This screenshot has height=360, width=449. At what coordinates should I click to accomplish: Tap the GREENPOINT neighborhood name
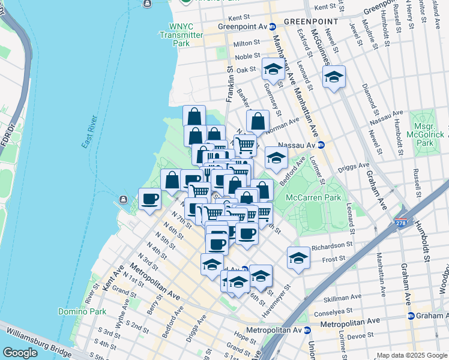point(304,21)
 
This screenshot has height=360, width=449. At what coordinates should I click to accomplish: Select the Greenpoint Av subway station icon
point(272,26)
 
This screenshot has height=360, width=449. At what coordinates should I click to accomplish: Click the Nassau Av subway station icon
point(321,145)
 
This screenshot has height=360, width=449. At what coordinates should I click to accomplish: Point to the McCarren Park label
point(313,197)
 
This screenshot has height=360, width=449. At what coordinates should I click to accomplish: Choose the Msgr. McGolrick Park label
point(424,136)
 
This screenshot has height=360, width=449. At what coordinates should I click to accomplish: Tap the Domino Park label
point(82,311)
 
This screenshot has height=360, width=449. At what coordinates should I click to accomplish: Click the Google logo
point(20,353)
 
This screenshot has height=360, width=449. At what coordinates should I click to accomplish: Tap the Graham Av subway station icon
point(411,316)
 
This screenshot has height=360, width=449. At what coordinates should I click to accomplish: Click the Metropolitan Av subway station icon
point(307,329)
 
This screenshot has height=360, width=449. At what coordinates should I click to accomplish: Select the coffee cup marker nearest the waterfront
point(149,198)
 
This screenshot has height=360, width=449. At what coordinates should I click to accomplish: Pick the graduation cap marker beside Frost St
point(298,257)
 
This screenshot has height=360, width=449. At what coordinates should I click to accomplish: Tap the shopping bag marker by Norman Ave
point(258,121)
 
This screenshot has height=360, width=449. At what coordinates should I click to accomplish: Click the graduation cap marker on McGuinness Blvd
point(334,76)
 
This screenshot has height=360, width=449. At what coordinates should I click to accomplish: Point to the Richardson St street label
point(331,245)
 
